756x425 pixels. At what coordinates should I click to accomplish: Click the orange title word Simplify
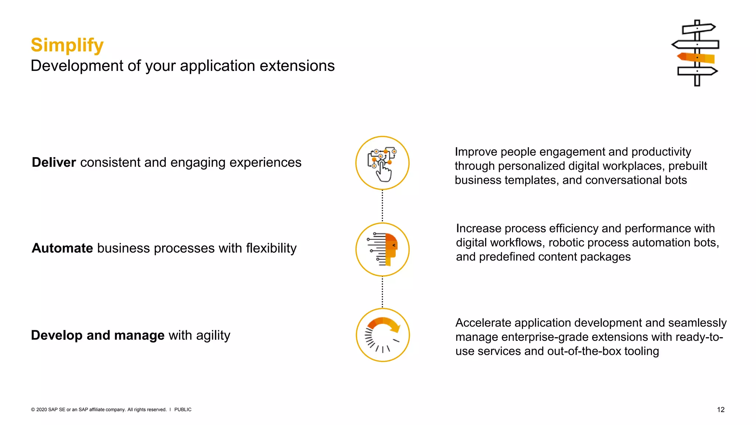[x=67, y=45]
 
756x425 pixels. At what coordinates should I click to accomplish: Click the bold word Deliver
[x=54, y=162]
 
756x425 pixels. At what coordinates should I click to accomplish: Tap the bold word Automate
[x=62, y=248]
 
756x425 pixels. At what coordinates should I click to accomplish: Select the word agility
[x=213, y=335]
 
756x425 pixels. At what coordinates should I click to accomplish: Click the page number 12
[x=721, y=410]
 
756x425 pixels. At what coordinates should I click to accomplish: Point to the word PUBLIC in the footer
[x=183, y=410]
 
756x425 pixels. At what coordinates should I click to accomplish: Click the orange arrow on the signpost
[x=695, y=58]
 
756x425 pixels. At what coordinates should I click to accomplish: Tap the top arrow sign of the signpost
[x=698, y=28]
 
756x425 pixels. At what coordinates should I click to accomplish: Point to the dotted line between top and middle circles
[x=382, y=206]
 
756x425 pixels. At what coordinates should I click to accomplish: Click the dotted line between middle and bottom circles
[x=382, y=292]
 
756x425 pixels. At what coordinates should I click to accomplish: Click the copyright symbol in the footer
[x=33, y=410]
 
